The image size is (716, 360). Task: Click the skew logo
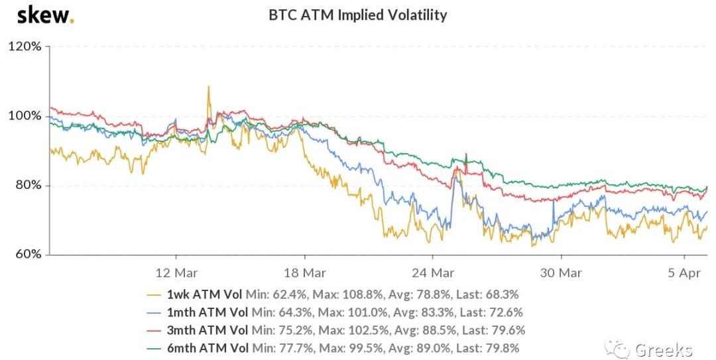click(45, 15)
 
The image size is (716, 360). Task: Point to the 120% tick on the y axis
click(25, 47)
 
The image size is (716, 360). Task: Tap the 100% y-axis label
click(25, 116)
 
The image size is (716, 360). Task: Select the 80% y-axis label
click(27, 186)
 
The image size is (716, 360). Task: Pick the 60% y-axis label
click(27, 255)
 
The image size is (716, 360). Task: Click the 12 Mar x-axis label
click(176, 272)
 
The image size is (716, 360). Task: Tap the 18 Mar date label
click(304, 272)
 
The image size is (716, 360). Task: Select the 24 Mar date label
click(433, 272)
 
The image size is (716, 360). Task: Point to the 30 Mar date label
click(561, 272)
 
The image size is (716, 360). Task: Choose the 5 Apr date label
click(685, 272)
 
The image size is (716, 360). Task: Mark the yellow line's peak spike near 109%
click(208, 87)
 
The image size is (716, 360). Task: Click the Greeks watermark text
click(663, 349)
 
